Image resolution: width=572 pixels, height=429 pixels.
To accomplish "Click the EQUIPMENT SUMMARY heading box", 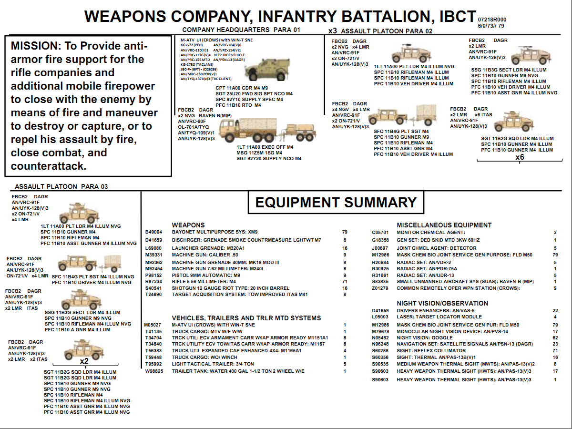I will tap(336, 202).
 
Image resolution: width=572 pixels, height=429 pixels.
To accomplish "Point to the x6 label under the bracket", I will tap(520, 157).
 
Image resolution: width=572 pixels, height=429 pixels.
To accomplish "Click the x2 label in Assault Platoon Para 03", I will tap(84, 361).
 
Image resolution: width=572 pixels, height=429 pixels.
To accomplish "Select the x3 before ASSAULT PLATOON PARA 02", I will tap(332, 31).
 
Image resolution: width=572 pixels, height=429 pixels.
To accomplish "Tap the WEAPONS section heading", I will tap(188, 225).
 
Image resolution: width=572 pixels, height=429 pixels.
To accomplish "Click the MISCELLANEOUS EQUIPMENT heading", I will tap(444, 225).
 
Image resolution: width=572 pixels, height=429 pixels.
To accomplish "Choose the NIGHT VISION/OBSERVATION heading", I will tap(442, 303).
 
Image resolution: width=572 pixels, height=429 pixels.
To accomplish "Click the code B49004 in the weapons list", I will tap(153, 232).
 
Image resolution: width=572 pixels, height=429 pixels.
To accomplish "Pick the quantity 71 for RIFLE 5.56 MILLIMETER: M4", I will tap(345, 282).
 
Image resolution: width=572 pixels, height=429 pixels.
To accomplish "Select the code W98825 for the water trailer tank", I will tap(153, 371).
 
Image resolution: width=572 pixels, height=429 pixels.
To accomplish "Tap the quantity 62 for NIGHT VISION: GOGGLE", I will tap(555, 337).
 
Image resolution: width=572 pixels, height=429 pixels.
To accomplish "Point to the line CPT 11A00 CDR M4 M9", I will tap(242, 88).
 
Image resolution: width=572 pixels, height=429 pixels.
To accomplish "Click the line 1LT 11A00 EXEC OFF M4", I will tap(265, 147).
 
